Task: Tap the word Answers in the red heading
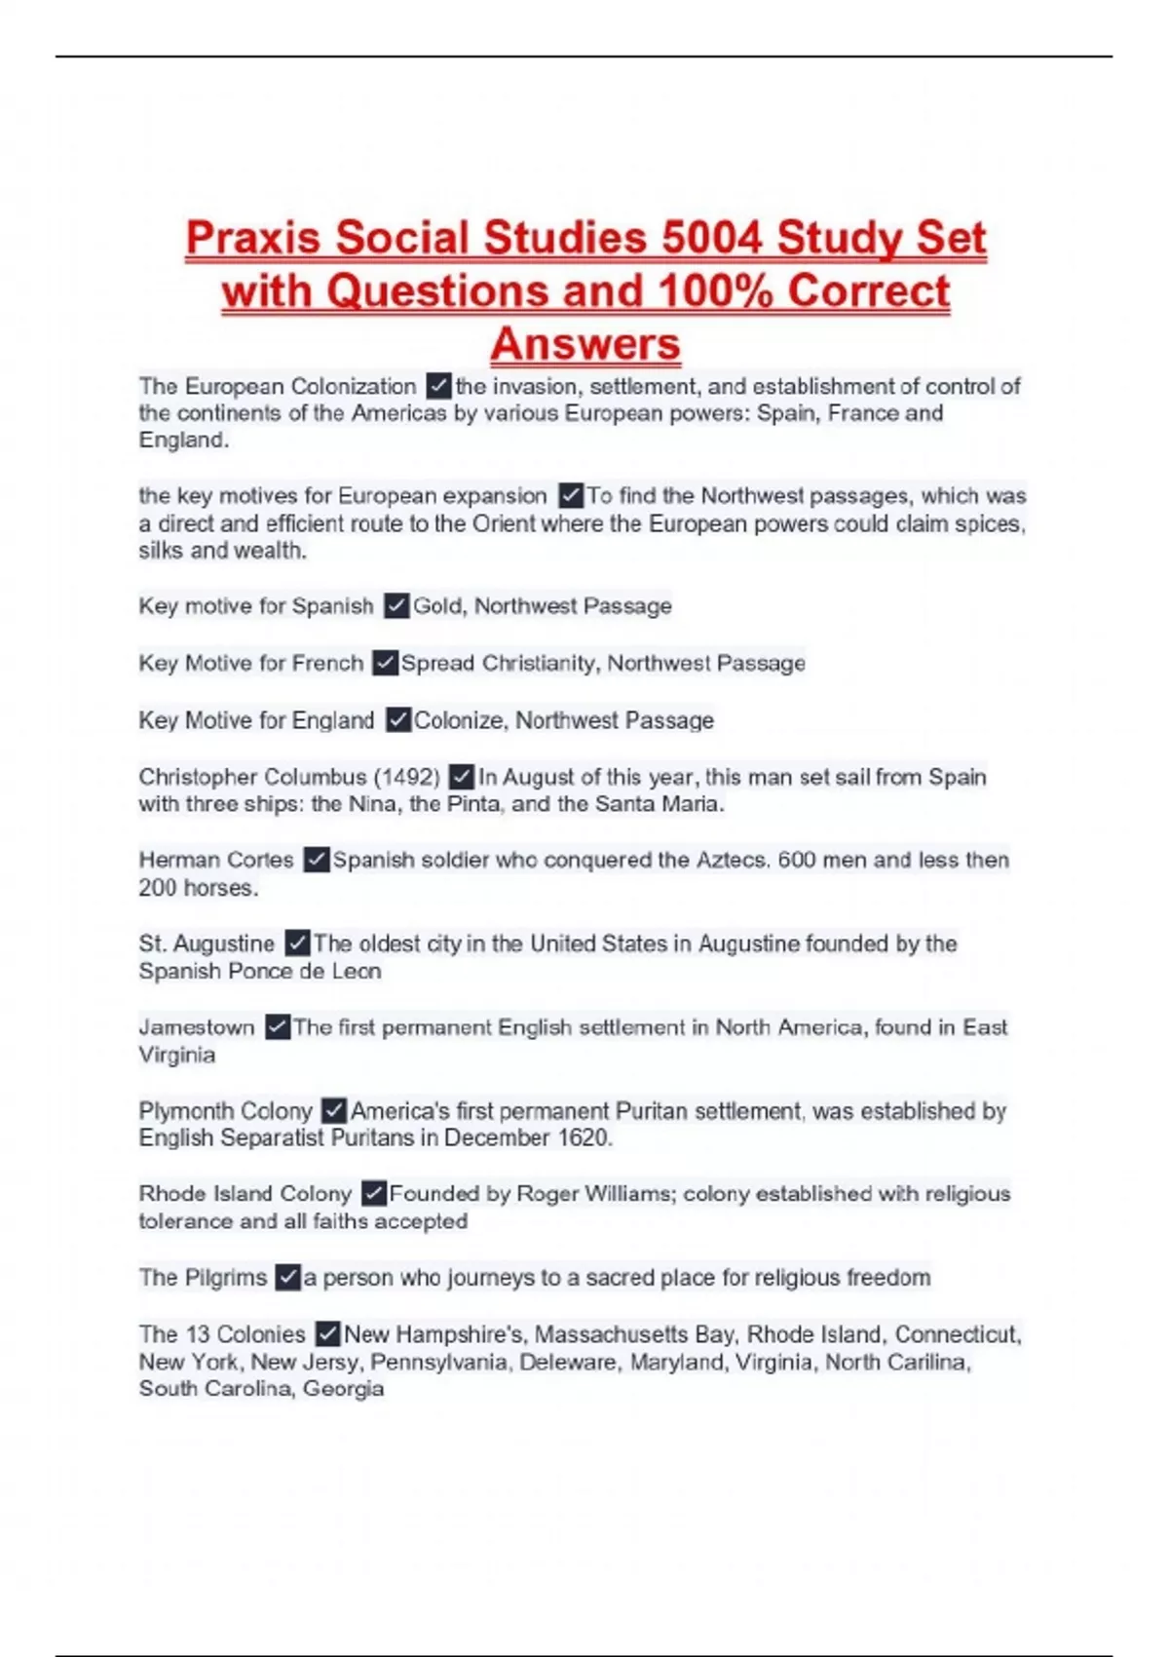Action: point(585,344)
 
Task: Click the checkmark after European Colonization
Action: point(438,386)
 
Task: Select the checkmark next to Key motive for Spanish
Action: point(396,606)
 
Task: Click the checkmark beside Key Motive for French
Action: point(386,663)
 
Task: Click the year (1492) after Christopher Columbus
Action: point(407,777)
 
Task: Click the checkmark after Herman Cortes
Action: point(316,860)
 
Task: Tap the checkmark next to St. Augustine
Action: point(297,944)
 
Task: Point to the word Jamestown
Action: point(196,1027)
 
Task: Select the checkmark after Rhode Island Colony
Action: point(373,1193)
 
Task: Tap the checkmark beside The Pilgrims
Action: point(287,1277)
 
